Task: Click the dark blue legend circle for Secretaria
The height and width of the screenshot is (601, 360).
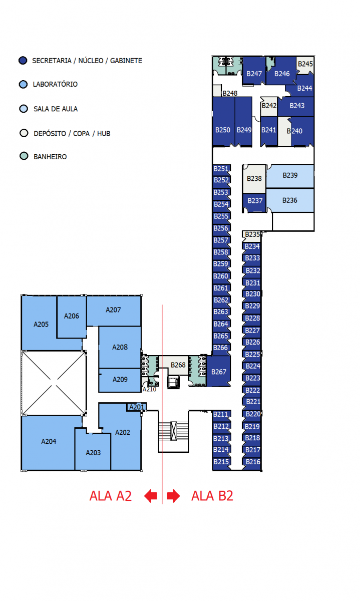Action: click(23, 61)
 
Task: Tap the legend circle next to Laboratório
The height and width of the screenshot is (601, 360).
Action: click(24, 84)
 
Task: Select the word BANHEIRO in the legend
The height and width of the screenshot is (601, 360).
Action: click(50, 157)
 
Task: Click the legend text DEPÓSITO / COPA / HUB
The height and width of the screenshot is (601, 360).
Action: click(72, 133)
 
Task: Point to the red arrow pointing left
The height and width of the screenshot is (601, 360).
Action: click(151, 496)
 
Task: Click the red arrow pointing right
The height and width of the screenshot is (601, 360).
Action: click(173, 496)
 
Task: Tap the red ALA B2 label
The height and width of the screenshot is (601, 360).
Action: click(212, 496)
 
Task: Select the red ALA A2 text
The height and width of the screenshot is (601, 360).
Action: click(111, 496)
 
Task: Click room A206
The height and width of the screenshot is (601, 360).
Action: click(72, 317)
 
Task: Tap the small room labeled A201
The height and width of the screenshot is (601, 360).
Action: click(137, 407)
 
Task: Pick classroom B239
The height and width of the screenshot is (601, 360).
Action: click(290, 176)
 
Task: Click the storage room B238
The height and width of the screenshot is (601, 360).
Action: click(254, 179)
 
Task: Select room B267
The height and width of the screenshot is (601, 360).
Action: click(219, 371)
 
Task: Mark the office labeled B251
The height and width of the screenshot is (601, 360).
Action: click(222, 169)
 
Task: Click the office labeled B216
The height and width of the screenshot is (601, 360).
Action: click(252, 462)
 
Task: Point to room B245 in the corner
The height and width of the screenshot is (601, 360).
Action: click(305, 65)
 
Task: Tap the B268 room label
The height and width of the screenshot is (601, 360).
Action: click(178, 365)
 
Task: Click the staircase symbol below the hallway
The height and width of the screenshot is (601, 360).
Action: click(174, 431)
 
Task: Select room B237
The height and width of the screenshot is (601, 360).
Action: click(254, 201)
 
